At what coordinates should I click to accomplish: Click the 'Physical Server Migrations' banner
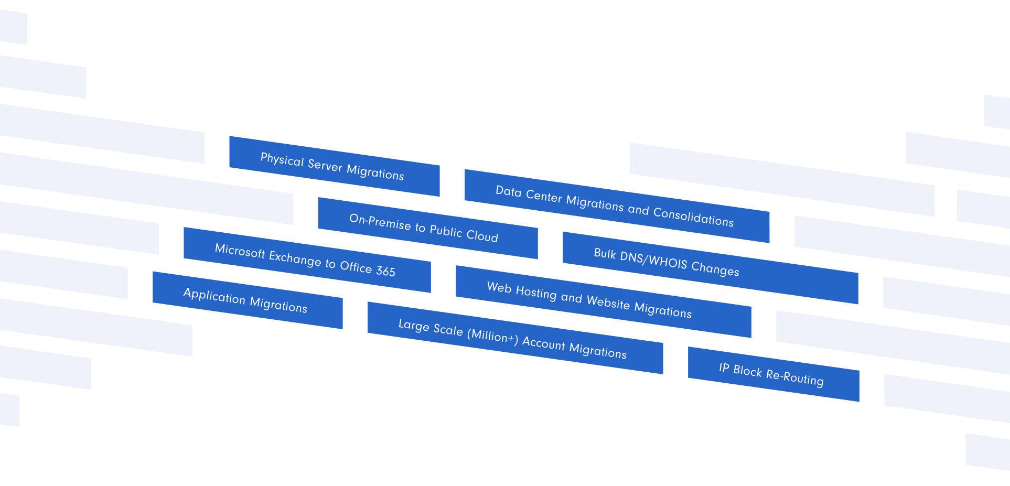[x=334, y=166]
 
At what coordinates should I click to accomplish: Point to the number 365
[x=385, y=271]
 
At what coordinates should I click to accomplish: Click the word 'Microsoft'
[x=240, y=251]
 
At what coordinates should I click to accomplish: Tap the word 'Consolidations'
[x=693, y=217]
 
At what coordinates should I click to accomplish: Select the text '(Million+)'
[x=492, y=336]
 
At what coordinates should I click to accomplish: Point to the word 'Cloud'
[x=482, y=236]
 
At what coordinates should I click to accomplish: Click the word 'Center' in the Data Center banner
[x=544, y=197]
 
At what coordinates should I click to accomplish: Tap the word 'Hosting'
[x=536, y=292]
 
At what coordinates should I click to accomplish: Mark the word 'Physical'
[x=282, y=159]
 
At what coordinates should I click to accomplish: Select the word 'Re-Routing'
[x=794, y=377]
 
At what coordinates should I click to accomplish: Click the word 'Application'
[x=214, y=296]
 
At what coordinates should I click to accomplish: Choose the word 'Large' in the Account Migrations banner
[x=414, y=325]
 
